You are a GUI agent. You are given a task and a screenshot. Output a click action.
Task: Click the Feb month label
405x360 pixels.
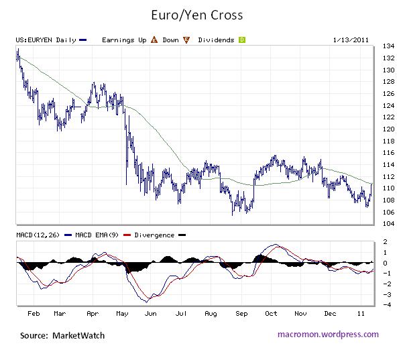[34, 313]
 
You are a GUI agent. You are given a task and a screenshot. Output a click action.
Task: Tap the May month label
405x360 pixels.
[123, 313]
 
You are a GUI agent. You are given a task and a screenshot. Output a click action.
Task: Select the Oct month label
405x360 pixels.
[272, 313]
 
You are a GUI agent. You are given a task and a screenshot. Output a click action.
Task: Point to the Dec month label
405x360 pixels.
[330, 313]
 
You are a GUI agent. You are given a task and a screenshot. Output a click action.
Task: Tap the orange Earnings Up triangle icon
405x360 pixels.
[153, 40]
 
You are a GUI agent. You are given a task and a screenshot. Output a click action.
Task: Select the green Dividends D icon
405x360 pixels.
[242, 40]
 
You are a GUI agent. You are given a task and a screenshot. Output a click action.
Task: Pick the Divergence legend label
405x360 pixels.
[154, 235]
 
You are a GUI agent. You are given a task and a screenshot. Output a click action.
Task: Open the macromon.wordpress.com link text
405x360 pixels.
[328, 335]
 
